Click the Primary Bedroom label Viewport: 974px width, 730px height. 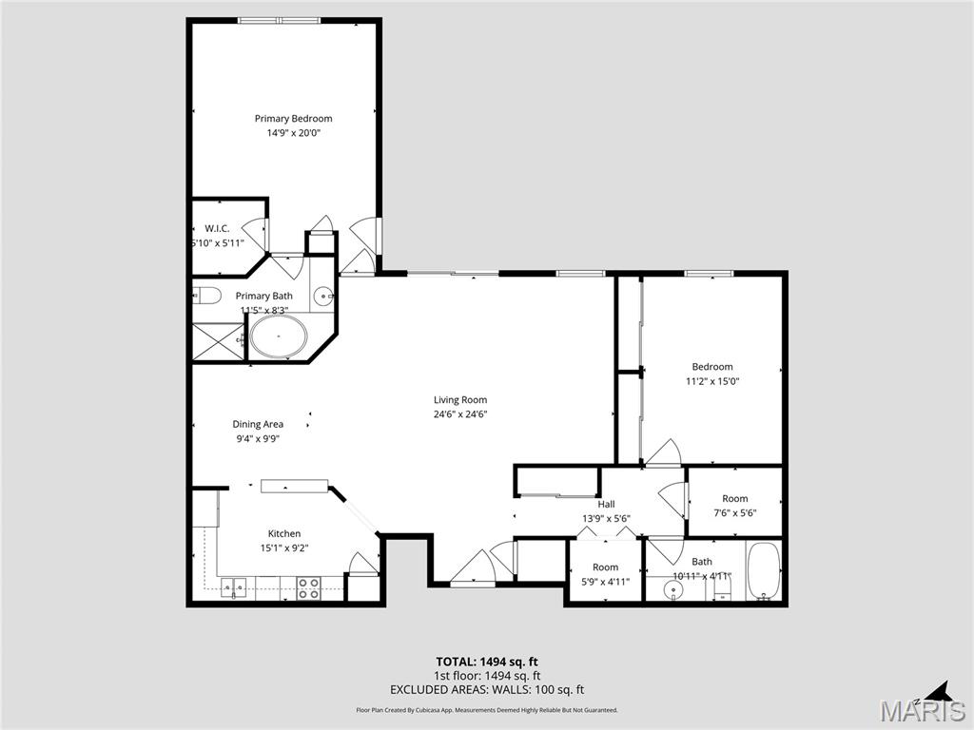tap(293, 119)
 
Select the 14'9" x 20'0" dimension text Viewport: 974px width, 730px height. tap(293, 133)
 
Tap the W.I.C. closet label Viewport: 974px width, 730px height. tap(218, 228)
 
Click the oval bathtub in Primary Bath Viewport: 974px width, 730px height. tap(278, 337)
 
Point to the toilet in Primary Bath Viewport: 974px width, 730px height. tap(206, 295)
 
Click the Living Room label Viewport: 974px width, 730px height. tap(460, 400)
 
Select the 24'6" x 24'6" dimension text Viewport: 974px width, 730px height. tap(460, 414)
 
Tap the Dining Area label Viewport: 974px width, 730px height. tap(258, 425)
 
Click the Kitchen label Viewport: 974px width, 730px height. tap(283, 534)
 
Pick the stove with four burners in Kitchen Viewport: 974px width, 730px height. tap(308, 588)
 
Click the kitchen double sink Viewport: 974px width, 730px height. tap(235, 588)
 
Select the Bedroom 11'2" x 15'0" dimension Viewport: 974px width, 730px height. tap(712, 381)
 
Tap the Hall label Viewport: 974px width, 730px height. tap(606, 505)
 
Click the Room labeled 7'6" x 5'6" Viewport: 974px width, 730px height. tap(734, 506)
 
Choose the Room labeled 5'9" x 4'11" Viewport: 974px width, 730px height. tap(605, 574)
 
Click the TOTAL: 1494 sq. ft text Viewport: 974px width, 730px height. tap(486, 662)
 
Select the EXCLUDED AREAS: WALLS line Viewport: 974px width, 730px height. tap(486, 690)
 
